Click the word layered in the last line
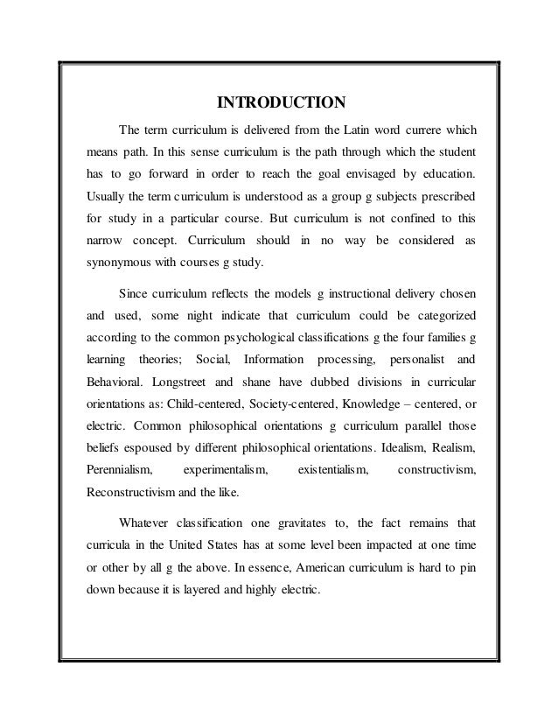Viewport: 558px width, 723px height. tap(198, 587)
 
